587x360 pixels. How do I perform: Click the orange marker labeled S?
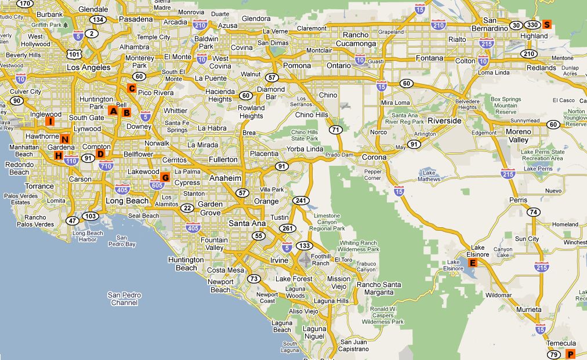[x=547, y=24]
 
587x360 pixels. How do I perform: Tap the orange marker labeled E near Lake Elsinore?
[x=473, y=263]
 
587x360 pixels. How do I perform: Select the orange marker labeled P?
[x=570, y=354]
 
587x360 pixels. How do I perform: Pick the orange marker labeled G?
[x=165, y=177]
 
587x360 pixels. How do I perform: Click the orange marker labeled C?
[x=132, y=89]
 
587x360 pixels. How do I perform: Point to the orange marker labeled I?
[x=50, y=121]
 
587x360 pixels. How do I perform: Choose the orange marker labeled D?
[x=100, y=154]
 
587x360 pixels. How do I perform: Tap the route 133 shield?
[x=303, y=246]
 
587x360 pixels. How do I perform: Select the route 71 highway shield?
[x=335, y=130]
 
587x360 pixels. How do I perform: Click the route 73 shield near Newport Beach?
[x=253, y=279]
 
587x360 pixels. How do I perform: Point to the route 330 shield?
[x=532, y=25]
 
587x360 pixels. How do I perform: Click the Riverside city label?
[x=444, y=121]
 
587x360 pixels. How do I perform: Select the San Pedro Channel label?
[x=124, y=299]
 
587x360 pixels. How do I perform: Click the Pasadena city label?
[x=135, y=19]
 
